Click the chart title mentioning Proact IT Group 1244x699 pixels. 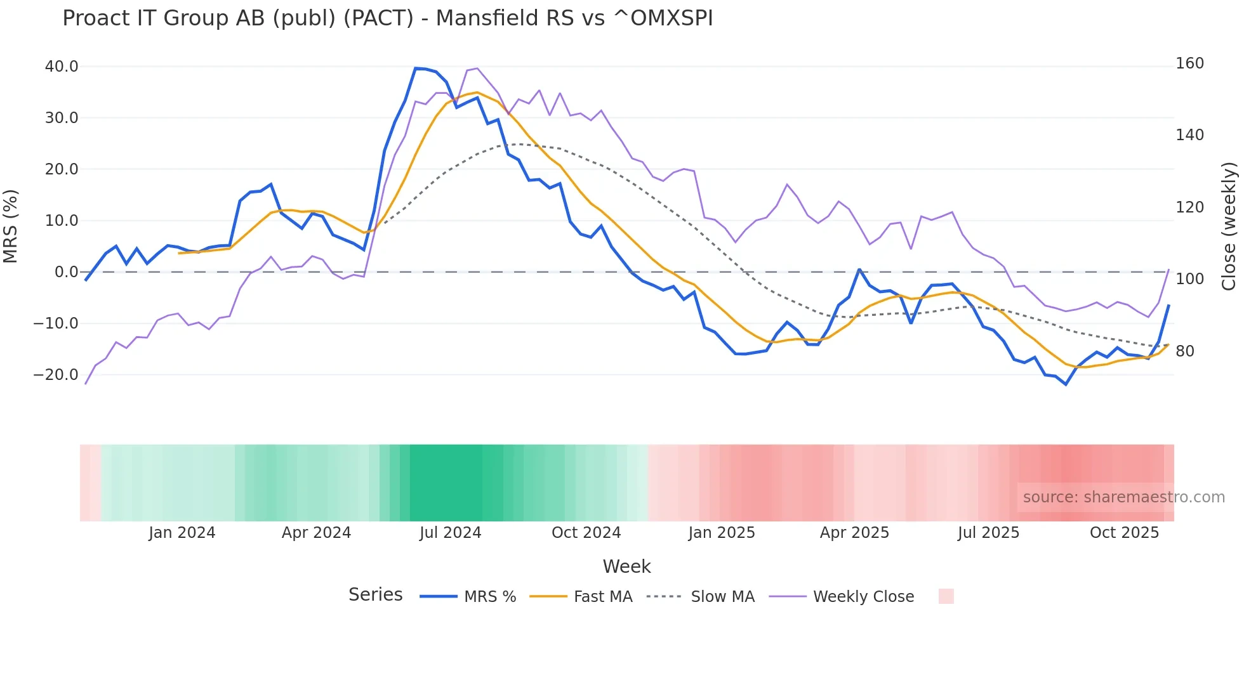tap(387, 18)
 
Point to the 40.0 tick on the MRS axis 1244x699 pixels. tap(62, 67)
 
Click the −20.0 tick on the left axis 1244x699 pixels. tap(56, 375)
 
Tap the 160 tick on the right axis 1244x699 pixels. tap(1189, 63)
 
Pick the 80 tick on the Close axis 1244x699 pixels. tap(1185, 351)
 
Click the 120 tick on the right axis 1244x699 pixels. tap(1189, 207)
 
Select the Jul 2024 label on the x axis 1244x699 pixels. tap(450, 533)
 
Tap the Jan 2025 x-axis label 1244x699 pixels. tap(721, 533)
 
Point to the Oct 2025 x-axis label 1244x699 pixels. tap(1124, 533)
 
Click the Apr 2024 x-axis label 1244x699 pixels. tap(316, 533)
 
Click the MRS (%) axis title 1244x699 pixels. tap(11, 226)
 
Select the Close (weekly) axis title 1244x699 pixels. tap(1229, 226)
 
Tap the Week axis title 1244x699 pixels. tap(626, 566)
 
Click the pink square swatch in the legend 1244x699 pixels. tap(946, 596)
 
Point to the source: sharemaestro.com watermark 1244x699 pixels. tap(1123, 497)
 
